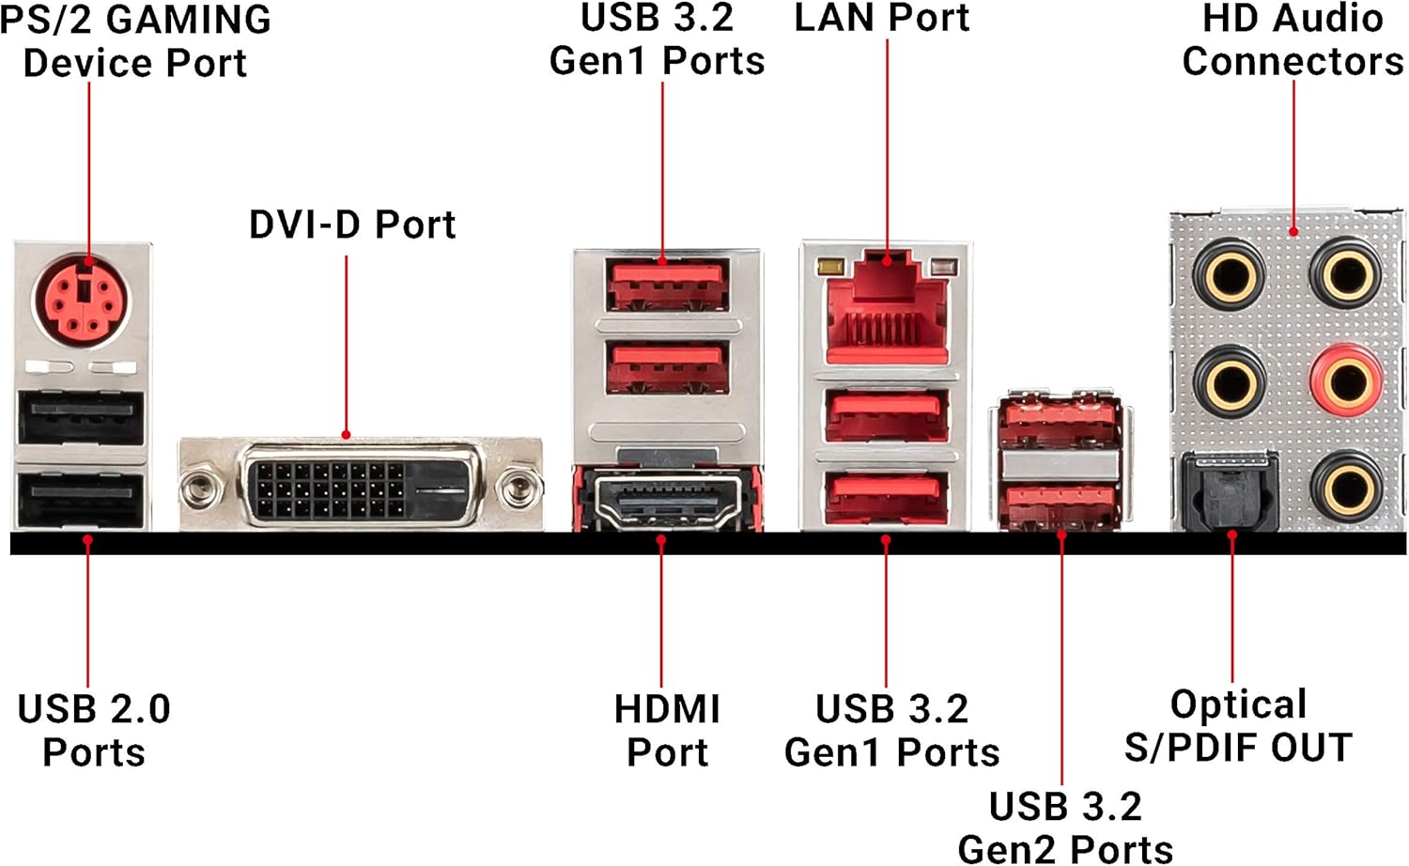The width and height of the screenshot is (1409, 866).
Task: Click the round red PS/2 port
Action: pyautogui.click(x=84, y=302)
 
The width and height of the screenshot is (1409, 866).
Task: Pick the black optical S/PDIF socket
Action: pyautogui.click(x=1230, y=489)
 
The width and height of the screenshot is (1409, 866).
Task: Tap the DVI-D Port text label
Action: pyautogui.click(x=352, y=224)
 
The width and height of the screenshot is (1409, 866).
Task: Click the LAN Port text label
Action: pyautogui.click(x=881, y=18)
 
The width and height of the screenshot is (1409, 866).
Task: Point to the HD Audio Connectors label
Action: pyautogui.click(x=1293, y=39)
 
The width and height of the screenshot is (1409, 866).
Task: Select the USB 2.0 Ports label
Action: pyautogui.click(x=94, y=730)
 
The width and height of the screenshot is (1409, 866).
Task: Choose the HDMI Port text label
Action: pyautogui.click(x=667, y=730)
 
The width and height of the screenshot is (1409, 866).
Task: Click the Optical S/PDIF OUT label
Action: pyautogui.click(x=1238, y=725)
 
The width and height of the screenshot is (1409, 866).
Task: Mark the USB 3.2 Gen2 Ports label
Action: pyautogui.click(x=1065, y=827)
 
